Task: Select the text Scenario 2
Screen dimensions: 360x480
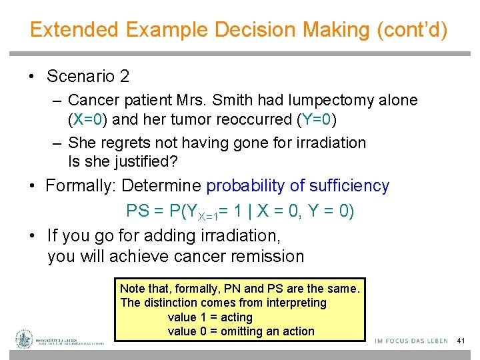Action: pyautogui.click(x=88, y=76)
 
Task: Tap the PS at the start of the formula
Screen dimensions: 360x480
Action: pyautogui.click(x=137, y=211)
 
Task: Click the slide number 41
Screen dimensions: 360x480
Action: pyautogui.click(x=460, y=341)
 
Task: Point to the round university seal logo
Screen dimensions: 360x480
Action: pyautogui.click(x=25, y=339)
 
